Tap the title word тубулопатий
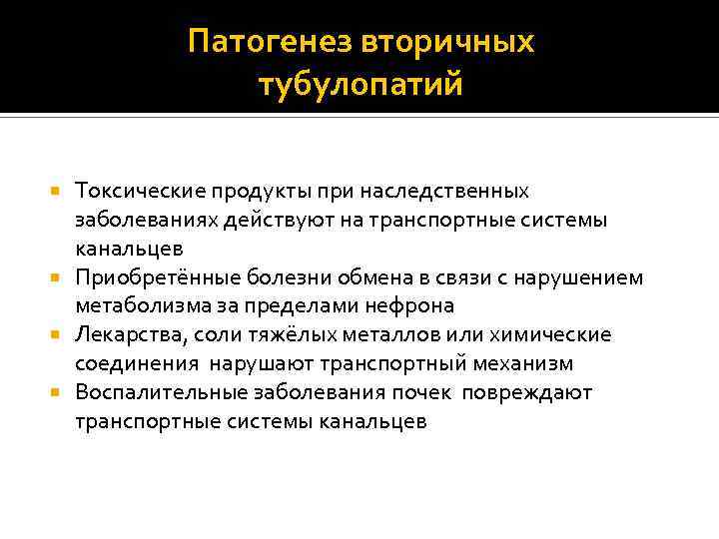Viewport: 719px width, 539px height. tap(359, 85)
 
